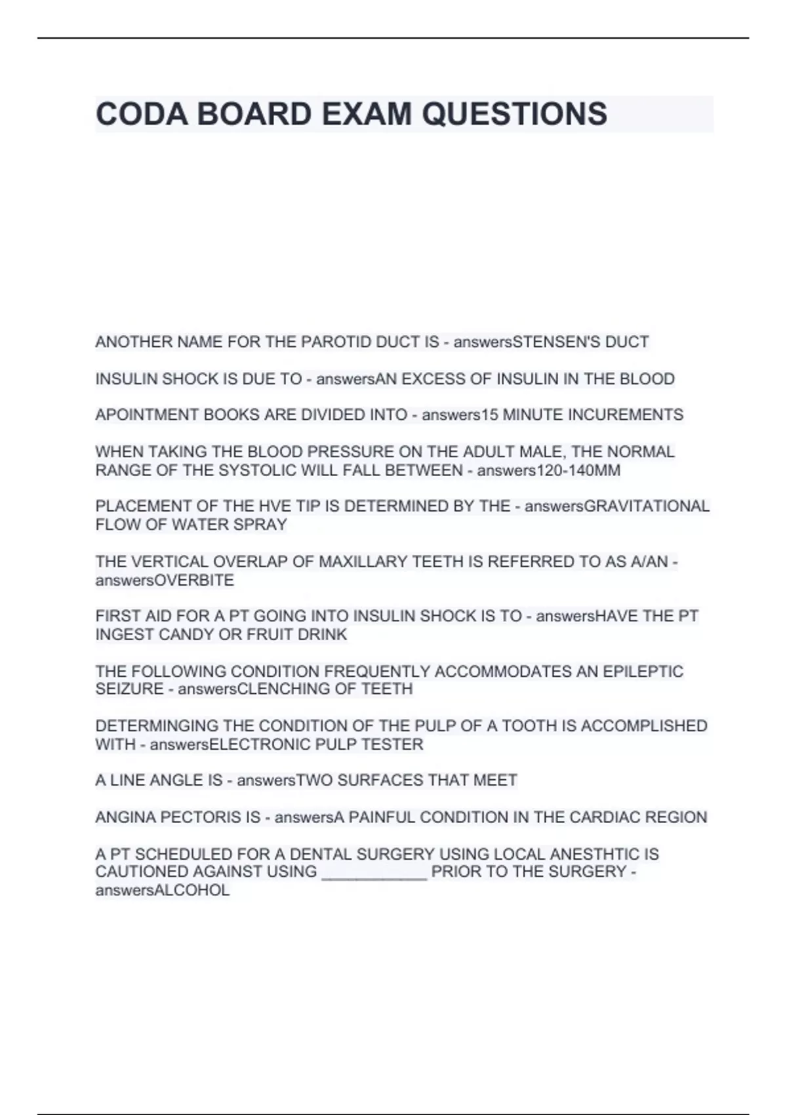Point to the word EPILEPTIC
pyautogui.click(x=643, y=672)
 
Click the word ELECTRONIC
pyautogui.click(x=260, y=744)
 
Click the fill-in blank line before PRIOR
pyautogui.click(x=374, y=874)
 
